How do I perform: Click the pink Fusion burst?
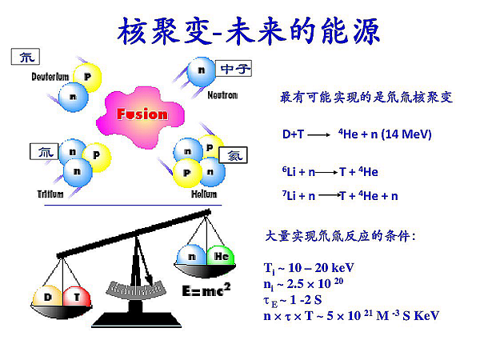coord(141,117)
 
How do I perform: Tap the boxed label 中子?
coord(234,69)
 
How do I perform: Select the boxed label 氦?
coord(233,155)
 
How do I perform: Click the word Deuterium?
coord(50,77)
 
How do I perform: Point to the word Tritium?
coord(50,194)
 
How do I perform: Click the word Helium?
coord(204,194)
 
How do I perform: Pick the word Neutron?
coord(222,95)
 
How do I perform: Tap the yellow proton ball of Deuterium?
coord(88,77)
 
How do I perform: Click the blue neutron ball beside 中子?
coord(201,71)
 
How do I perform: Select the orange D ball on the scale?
coord(47,296)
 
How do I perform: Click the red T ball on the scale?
coord(77,296)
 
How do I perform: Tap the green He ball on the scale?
coord(221,256)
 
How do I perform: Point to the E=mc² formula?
coord(206,290)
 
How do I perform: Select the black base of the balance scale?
coord(136,319)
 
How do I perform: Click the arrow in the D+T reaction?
coord(318,134)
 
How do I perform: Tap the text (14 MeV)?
coord(406,134)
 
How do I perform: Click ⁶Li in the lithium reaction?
coord(289,171)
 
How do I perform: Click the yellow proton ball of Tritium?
coord(97,157)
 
